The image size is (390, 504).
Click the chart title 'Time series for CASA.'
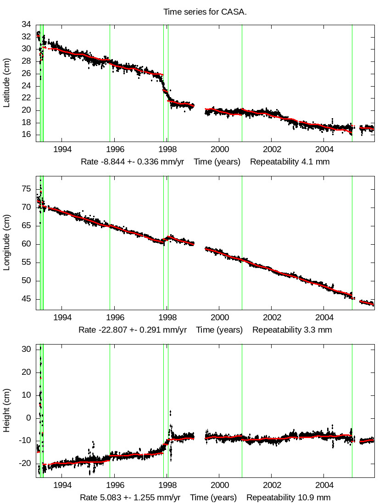205,12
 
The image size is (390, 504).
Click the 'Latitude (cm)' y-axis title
6,83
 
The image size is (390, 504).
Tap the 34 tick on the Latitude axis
27,24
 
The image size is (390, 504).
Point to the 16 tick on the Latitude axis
27,135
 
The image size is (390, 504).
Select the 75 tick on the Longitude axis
27,189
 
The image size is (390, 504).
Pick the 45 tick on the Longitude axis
27,299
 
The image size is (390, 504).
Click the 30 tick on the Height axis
27,349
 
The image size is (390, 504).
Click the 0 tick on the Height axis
29,418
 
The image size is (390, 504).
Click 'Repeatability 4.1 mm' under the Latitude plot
290,162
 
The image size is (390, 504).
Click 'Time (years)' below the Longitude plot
219,330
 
